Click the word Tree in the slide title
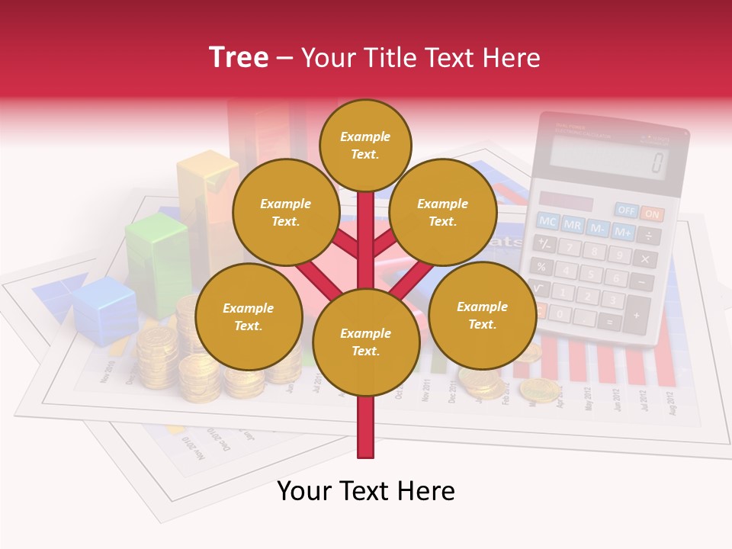point(239,57)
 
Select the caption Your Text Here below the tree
point(366,491)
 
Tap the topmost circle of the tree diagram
point(365,145)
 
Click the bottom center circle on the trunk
point(366,342)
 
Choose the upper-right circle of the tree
point(443,213)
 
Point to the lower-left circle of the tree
point(249,317)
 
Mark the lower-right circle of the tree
point(482,316)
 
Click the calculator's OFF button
point(627,210)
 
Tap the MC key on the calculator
point(547,221)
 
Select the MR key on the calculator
point(573,225)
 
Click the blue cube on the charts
point(106,309)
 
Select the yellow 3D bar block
point(206,202)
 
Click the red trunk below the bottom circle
point(366,427)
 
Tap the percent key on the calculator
point(541,266)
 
